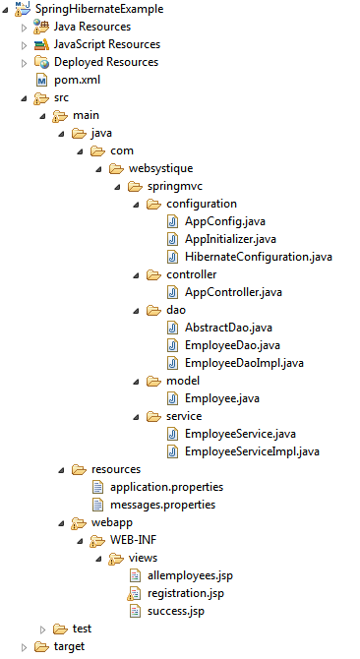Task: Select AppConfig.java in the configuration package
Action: [224, 221]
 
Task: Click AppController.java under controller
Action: [233, 292]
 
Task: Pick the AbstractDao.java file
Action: [227, 328]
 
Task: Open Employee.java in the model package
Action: [220, 398]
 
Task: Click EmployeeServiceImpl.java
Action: [252, 451]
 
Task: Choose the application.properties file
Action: [166, 487]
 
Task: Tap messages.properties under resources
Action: [162, 505]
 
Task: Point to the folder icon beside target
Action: [40, 646]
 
